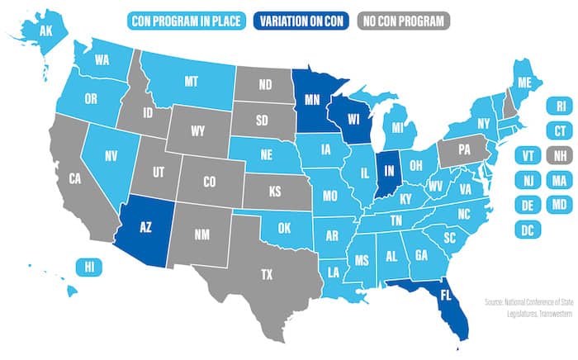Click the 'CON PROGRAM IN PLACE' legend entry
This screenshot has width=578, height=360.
(x=187, y=20)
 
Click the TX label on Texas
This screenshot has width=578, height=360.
(x=267, y=274)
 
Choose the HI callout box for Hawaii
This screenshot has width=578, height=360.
(x=86, y=266)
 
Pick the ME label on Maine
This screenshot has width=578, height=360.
(x=523, y=81)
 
